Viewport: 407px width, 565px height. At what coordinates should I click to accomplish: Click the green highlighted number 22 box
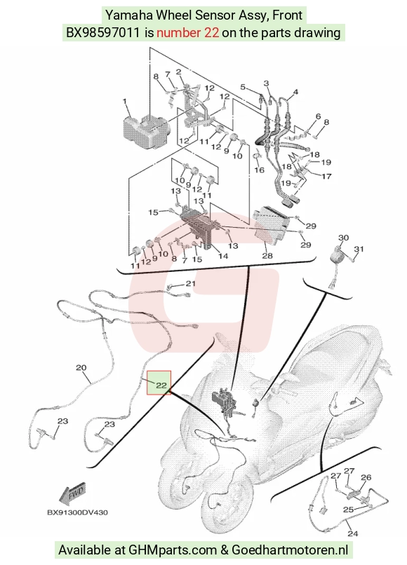[x=159, y=383]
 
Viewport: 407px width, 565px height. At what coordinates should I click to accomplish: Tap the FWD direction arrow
[x=73, y=493]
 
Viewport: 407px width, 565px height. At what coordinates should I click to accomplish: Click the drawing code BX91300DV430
[x=77, y=512]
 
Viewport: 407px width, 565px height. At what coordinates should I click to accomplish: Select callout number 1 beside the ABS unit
[x=124, y=102]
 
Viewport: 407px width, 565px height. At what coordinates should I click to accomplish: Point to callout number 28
[x=267, y=256]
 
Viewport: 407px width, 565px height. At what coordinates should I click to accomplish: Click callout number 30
[x=344, y=238]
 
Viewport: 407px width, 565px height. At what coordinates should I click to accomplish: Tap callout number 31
[x=359, y=249]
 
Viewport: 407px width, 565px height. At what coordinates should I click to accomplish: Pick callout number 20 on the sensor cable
[x=81, y=368]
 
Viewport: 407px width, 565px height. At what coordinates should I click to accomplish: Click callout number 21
[x=190, y=284]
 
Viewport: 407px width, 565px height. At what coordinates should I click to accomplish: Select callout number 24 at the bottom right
[x=352, y=533]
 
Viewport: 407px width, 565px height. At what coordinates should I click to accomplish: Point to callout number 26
[x=366, y=477]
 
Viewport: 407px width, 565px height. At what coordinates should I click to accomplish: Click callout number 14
[x=223, y=256]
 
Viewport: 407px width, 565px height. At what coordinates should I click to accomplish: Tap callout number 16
[x=260, y=170]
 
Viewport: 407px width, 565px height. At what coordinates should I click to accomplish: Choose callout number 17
[x=326, y=177]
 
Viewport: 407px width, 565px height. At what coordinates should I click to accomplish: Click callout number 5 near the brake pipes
[x=243, y=87]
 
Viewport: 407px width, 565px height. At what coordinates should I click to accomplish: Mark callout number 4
[x=295, y=92]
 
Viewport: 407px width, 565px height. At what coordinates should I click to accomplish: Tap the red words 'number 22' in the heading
[x=187, y=33]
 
